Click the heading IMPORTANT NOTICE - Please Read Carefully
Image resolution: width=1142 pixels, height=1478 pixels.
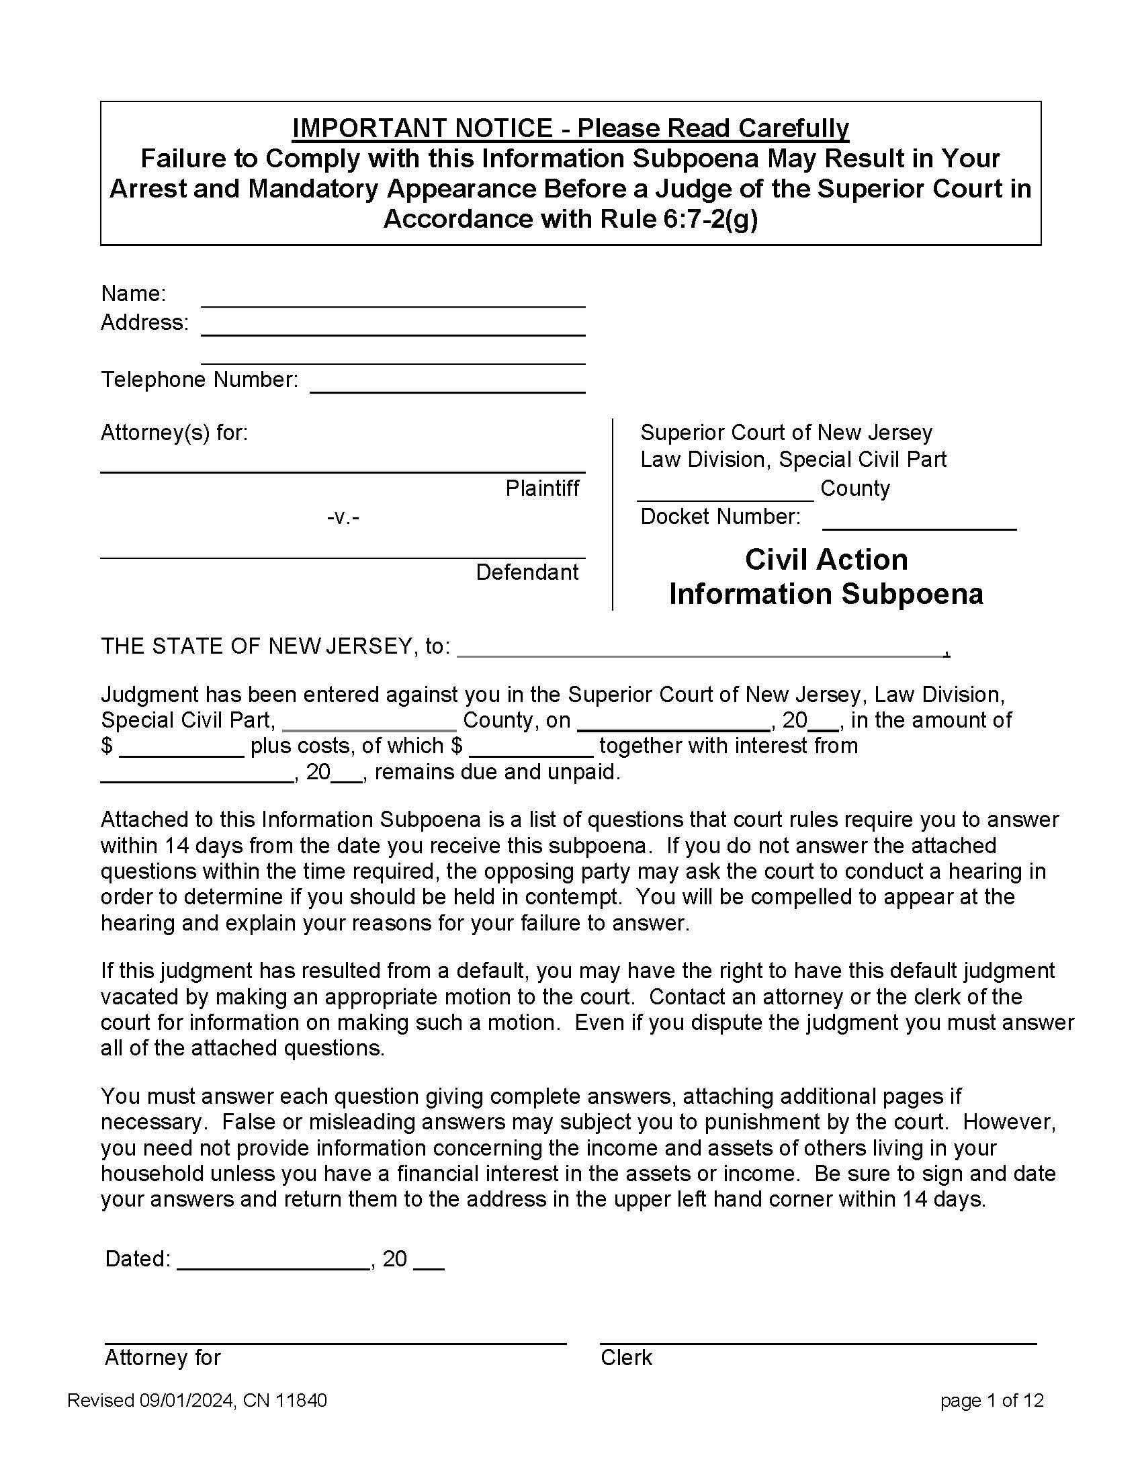(570, 128)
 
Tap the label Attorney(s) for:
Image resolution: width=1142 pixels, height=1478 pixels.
(174, 433)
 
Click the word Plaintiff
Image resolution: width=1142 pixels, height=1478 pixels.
(542, 488)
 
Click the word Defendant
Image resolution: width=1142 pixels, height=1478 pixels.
(527, 572)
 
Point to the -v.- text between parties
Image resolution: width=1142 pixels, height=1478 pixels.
(343, 518)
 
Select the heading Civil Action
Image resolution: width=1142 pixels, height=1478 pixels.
(826, 560)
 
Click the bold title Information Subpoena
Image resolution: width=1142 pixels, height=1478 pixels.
(826, 594)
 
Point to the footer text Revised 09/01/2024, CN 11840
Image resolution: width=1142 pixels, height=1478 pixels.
(197, 1401)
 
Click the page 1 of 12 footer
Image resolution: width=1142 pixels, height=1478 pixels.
(991, 1401)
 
